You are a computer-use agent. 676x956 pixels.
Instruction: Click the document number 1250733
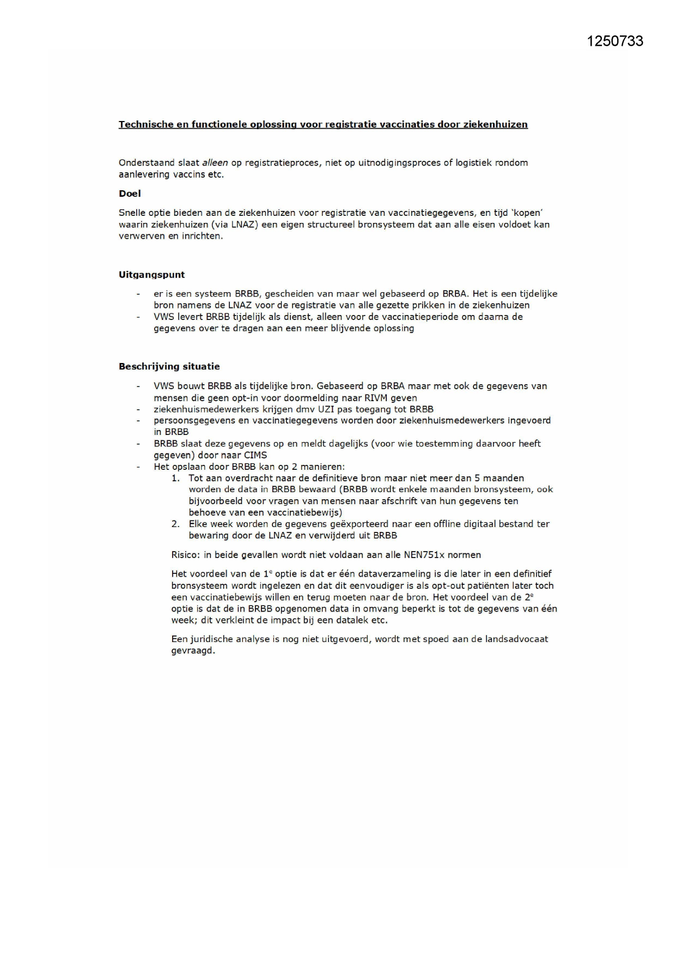[615, 41]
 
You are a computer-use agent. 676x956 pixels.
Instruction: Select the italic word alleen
[215, 162]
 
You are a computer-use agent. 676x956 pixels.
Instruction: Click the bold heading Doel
[130, 193]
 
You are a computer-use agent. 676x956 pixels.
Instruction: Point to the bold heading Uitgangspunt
[151, 275]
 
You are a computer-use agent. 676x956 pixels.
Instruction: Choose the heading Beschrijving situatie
[169, 366]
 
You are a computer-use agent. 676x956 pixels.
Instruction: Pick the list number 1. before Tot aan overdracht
[175, 478]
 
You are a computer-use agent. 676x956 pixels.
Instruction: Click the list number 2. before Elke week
[175, 524]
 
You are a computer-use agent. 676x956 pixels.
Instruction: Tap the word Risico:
[185, 555]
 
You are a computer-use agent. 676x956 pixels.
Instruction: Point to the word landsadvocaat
[515, 639]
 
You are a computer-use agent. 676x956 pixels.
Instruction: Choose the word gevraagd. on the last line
[193, 651]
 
